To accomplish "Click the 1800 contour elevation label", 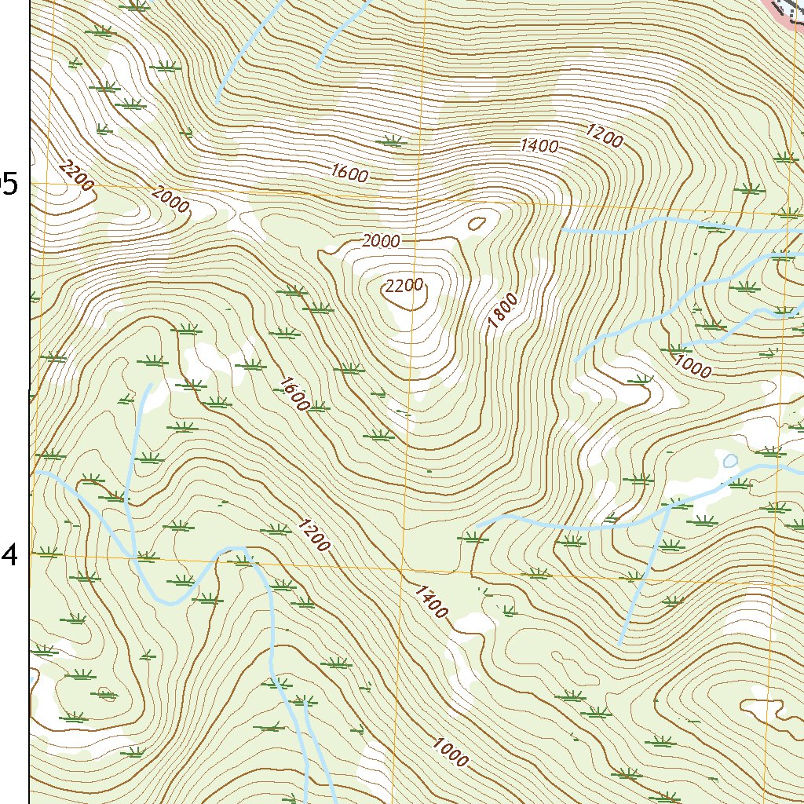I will click(503, 310).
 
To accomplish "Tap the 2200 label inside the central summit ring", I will click(404, 286).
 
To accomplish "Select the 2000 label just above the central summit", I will click(381, 241).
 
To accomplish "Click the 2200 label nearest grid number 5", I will click(76, 174).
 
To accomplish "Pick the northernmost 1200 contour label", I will click(604, 137).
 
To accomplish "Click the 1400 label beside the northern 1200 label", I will click(539, 145).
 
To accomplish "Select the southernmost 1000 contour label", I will click(451, 754).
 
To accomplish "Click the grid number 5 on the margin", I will click(9, 184).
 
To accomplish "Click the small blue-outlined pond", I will click(730, 461).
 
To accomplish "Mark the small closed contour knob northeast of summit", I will click(477, 223).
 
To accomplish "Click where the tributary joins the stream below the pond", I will click(667, 507).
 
